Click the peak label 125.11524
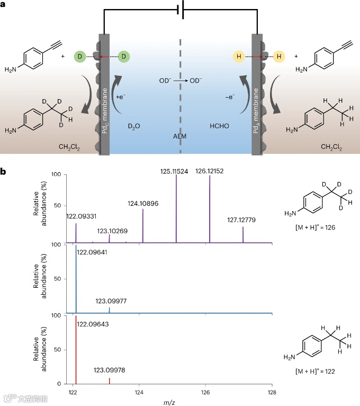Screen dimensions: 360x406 [176, 171]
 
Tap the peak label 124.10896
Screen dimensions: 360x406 [143, 204]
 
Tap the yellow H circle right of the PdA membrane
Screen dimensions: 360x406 [279, 55]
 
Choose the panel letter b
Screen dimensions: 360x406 [4, 173]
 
